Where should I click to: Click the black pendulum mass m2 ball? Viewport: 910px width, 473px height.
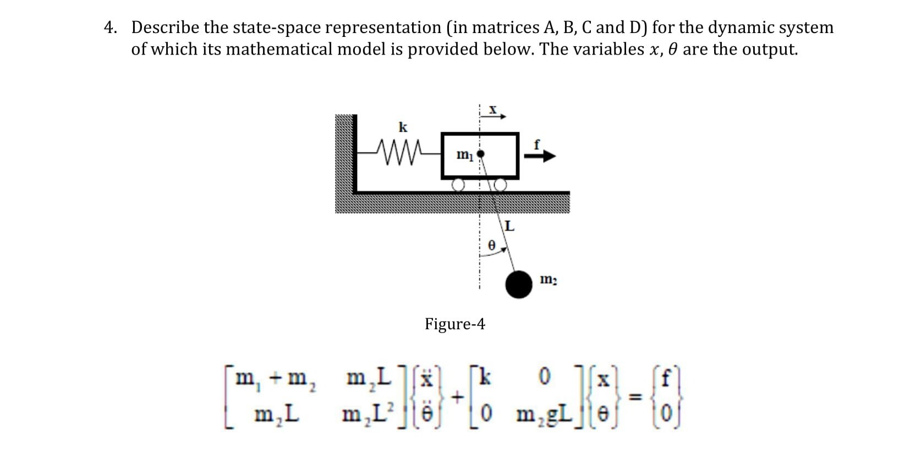click(519, 284)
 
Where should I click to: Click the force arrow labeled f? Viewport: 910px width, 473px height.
click(540, 156)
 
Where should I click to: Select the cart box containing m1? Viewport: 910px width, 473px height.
click(480, 156)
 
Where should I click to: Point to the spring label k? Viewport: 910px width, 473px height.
click(403, 128)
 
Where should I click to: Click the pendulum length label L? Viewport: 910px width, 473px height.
click(509, 226)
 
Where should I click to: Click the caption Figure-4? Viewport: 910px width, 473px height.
click(454, 324)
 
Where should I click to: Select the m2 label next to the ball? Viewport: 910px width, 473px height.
click(548, 280)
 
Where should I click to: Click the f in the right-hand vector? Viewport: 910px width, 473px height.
click(667, 379)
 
